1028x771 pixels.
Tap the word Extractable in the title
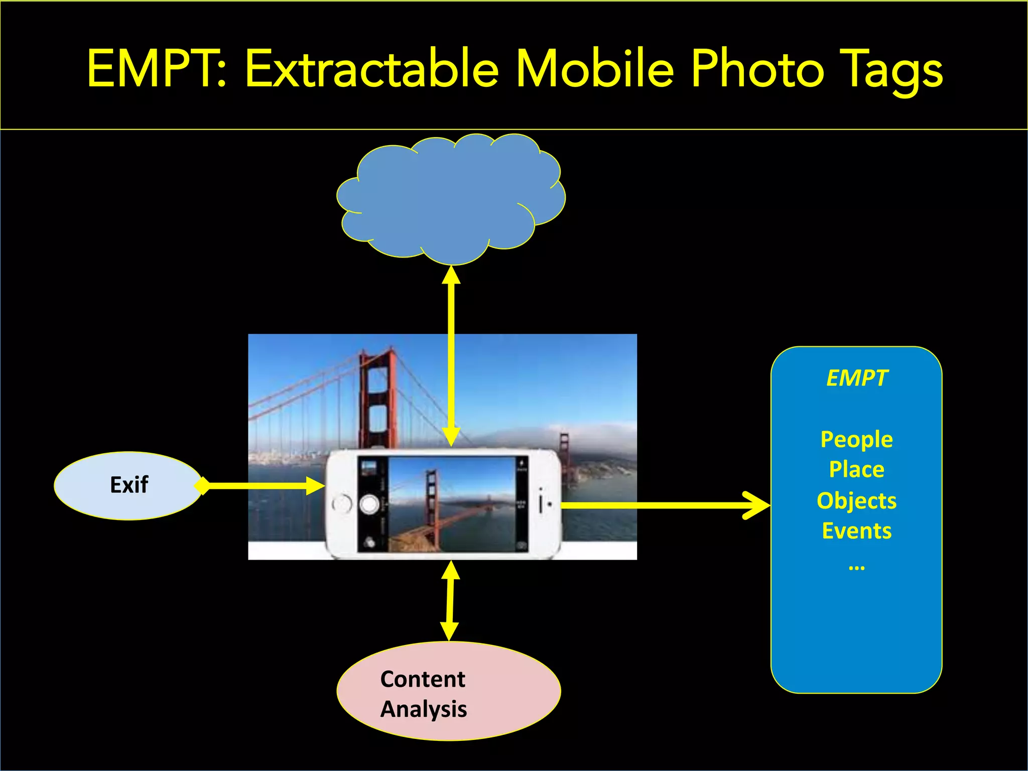tap(371, 69)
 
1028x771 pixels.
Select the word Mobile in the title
tap(595, 69)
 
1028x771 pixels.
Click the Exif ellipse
tap(128, 485)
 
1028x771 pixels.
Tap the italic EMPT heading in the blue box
tap(856, 378)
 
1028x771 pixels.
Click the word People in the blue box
tap(856, 440)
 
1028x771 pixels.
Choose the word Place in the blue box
tap(856, 470)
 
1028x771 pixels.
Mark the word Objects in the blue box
tap(856, 501)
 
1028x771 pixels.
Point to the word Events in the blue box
tap(856, 531)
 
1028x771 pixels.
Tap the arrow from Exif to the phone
tap(261, 485)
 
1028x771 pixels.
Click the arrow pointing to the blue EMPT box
tap(663, 505)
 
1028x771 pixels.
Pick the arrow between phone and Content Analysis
tap(450, 600)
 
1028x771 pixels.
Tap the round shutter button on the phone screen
tap(369, 503)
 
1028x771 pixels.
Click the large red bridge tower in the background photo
tap(377, 397)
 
